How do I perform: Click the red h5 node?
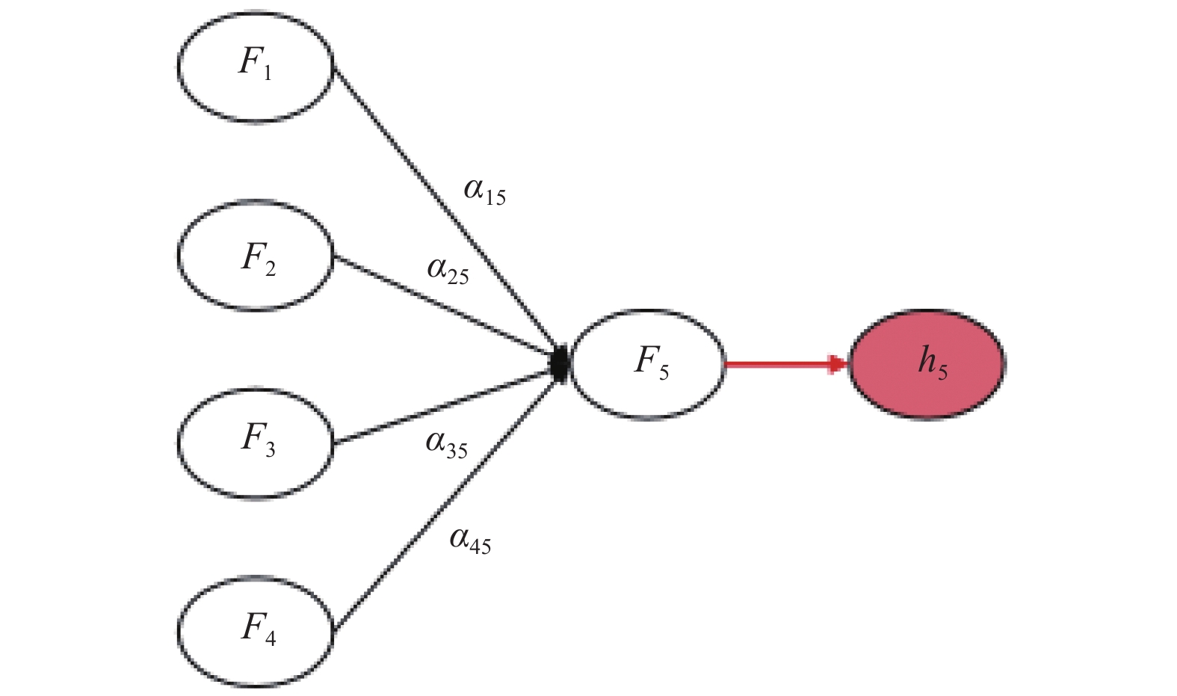pos(927,364)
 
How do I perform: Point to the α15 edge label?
pos(484,191)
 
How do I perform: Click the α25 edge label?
pos(448,271)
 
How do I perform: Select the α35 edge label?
pos(447,445)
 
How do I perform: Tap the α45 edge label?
pos(470,541)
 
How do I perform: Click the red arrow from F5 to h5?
pos(787,364)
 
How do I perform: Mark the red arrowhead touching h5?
pos(838,364)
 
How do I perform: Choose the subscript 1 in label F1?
pos(268,73)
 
